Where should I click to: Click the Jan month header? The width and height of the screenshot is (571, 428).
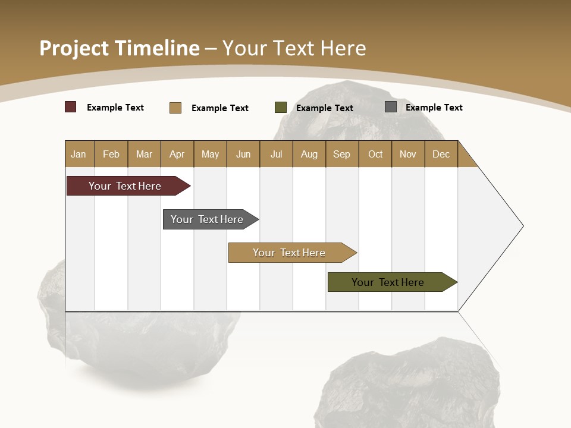79,154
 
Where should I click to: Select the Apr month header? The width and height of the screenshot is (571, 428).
177,154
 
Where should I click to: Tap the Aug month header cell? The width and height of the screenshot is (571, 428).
309,154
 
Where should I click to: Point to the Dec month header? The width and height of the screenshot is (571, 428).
441,154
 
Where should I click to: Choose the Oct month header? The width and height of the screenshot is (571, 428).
375,154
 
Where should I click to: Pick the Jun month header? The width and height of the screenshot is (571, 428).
243,154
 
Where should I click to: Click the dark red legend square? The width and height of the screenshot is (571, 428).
71,107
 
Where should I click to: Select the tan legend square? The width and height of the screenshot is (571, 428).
175,108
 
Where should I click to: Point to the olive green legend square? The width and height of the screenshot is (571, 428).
281,108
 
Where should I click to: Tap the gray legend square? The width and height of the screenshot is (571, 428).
391,107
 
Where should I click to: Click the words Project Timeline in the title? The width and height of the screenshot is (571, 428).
119,48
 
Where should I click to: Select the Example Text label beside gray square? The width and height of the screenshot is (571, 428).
434,108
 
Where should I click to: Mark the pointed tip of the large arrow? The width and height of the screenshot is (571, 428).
522,226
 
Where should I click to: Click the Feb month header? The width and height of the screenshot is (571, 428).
111,154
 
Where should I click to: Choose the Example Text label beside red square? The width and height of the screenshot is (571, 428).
115,108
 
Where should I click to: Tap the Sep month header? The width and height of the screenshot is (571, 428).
342,154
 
